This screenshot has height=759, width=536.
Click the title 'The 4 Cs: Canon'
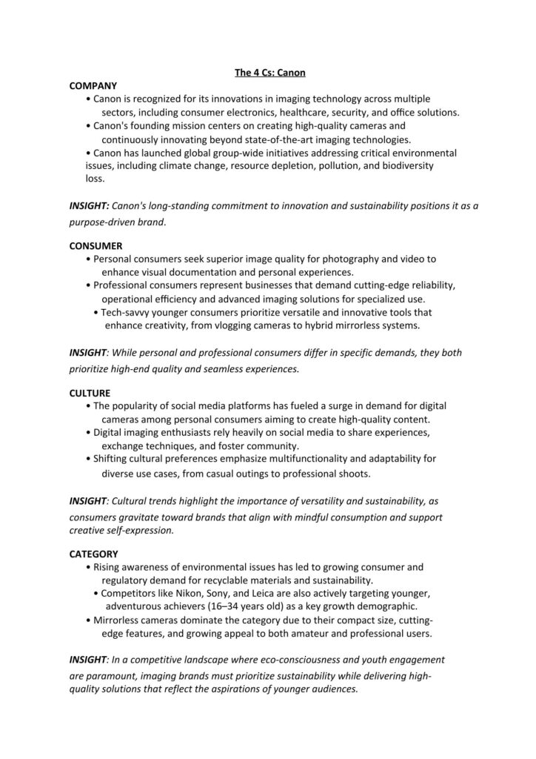point(270,73)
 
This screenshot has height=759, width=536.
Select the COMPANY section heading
point(93,86)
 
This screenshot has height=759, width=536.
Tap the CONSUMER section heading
point(96,245)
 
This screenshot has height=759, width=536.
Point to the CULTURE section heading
point(90,393)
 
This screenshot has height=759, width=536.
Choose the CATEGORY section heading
point(94,554)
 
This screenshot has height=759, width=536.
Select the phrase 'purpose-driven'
point(104,222)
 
